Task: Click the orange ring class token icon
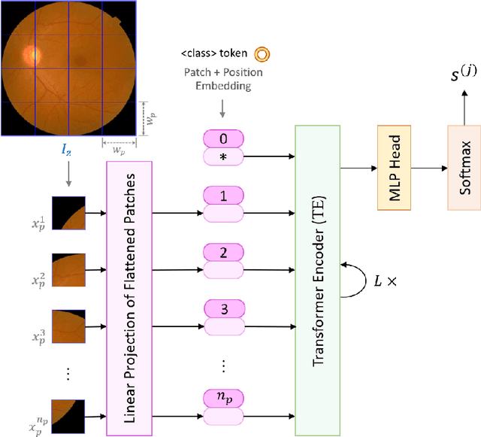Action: (263, 53)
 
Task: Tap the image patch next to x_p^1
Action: (68, 213)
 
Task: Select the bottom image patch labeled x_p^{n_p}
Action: (68, 418)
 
